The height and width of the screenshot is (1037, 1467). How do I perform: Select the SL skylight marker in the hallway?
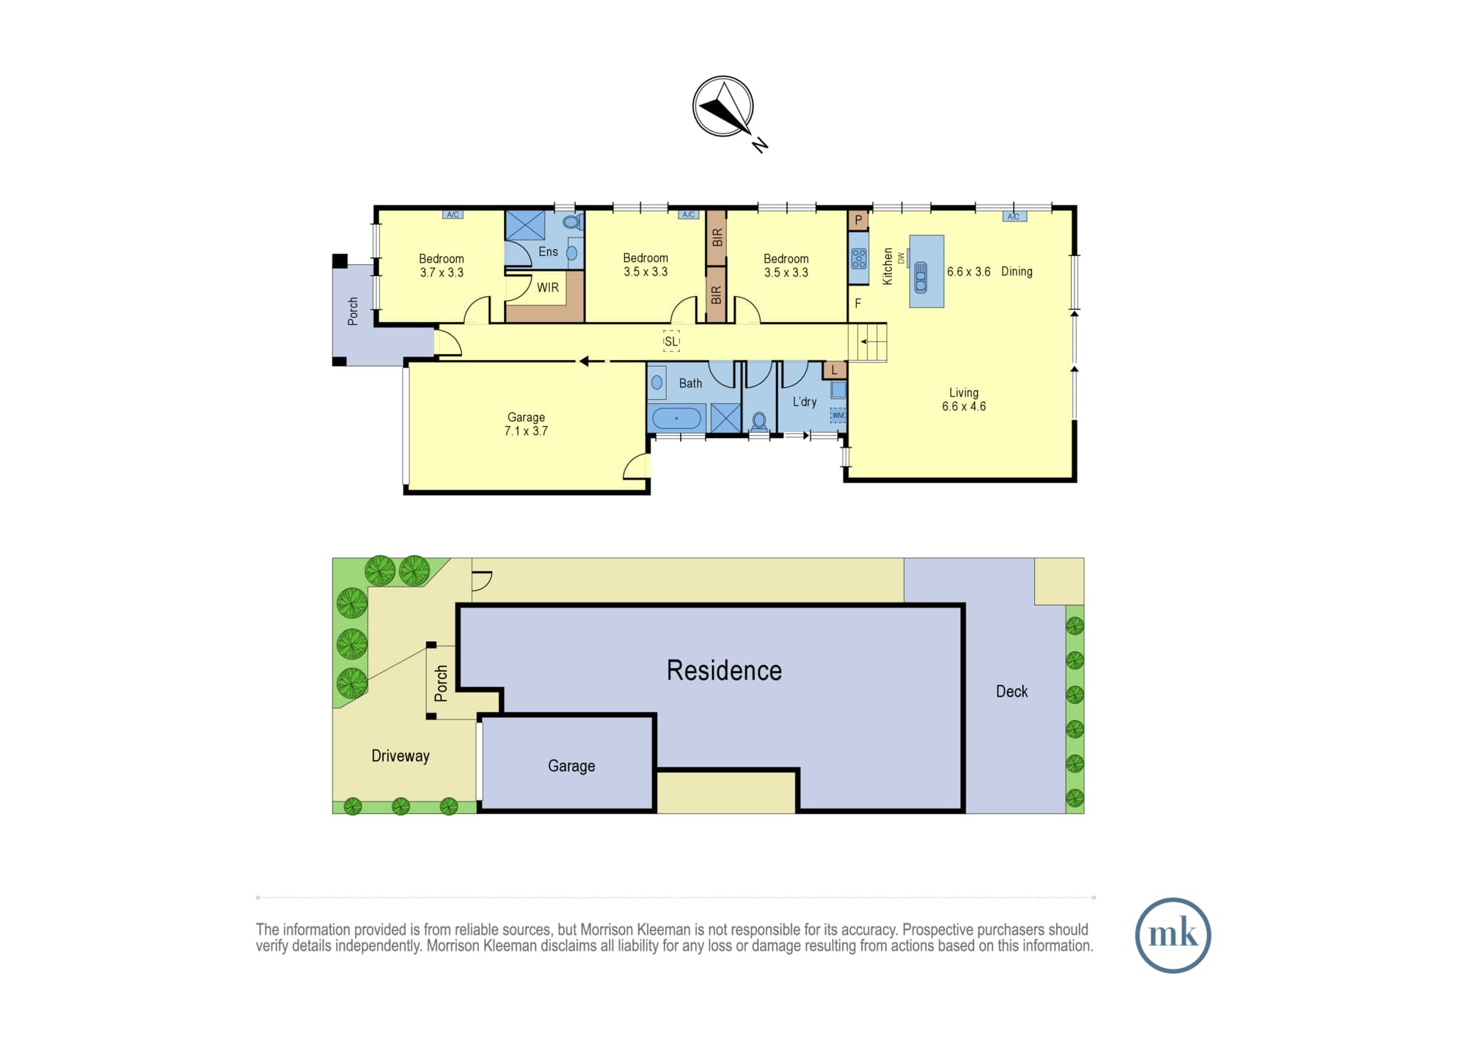[671, 342]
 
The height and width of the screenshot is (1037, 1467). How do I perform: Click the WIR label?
[548, 287]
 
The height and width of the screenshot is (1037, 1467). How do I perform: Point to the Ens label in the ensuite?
[548, 252]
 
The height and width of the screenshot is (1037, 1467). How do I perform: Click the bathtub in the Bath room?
[677, 418]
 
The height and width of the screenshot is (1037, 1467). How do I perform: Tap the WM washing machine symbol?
[838, 415]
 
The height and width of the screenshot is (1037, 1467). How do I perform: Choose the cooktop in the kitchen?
[859, 258]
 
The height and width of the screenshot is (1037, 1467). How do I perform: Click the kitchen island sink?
[921, 276]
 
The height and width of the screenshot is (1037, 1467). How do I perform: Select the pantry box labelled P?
[858, 220]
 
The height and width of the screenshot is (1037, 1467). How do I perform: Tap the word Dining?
[1017, 271]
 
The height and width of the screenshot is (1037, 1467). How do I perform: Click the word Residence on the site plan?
[724, 670]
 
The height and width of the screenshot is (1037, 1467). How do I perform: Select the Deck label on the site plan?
[1011, 692]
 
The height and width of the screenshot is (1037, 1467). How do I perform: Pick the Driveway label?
[400, 756]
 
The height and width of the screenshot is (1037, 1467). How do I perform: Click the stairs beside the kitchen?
[868, 342]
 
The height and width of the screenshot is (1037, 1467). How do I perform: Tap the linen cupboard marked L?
[834, 370]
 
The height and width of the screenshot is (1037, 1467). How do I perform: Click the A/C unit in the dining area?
[1014, 216]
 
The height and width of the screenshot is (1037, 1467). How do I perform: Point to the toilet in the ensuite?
[571, 221]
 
